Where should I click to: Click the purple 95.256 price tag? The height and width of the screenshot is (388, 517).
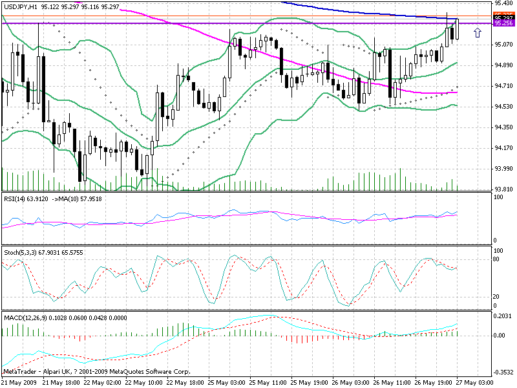[x=503, y=23]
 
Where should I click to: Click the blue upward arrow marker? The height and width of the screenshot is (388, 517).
[x=477, y=32]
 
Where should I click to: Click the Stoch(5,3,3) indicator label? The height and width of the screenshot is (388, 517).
[x=20, y=252]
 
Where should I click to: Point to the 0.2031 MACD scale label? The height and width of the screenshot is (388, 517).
[x=502, y=316]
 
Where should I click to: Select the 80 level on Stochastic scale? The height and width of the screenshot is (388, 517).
[x=497, y=259]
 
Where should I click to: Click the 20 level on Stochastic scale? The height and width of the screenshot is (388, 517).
[x=497, y=297]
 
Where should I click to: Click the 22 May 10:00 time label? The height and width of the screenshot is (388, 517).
[x=145, y=383]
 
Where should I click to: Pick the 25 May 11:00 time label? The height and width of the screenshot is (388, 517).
[x=271, y=383]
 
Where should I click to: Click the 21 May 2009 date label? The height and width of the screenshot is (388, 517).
[x=19, y=383]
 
